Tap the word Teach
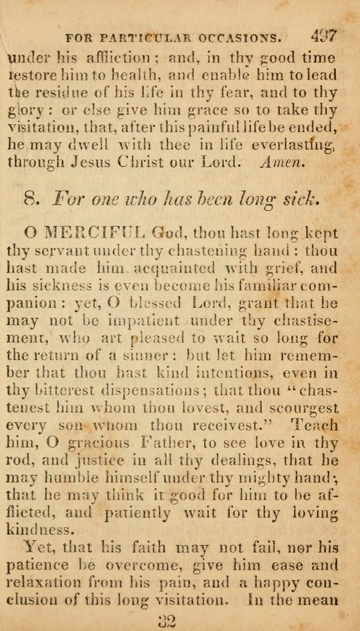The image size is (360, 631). [x=318, y=426]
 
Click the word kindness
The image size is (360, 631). [x=40, y=531]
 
